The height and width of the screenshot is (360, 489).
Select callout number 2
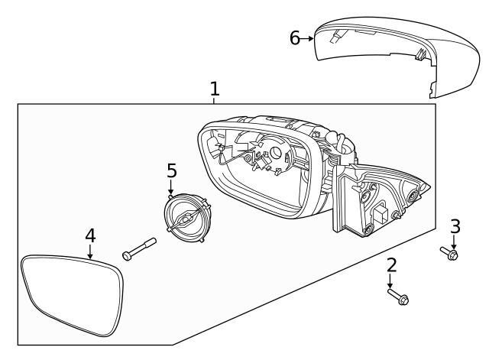point(391,266)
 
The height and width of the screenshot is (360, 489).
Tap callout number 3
point(455,226)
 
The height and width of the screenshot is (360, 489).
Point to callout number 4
point(90,236)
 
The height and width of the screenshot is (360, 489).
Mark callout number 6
point(295,38)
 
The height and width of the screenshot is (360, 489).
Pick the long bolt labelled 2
point(398,296)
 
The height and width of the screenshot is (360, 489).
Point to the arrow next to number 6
point(309,38)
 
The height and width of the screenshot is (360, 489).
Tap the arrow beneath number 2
point(391,281)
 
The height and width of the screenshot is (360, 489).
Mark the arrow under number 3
point(454,242)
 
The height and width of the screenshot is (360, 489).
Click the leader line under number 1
point(215,100)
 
